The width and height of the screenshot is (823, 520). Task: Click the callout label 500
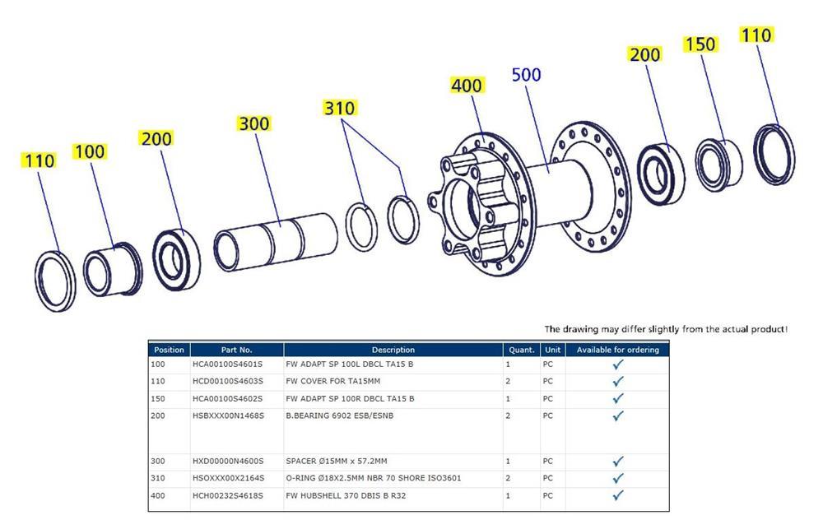tap(526, 75)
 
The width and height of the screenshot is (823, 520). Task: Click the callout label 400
tap(467, 86)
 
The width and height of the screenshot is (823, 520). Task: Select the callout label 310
tap(338, 109)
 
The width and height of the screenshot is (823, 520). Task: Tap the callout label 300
tap(253, 123)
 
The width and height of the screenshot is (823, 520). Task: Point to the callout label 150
tap(700, 44)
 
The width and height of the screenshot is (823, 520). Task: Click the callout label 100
tap(90, 151)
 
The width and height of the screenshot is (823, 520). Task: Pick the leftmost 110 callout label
tap(39, 160)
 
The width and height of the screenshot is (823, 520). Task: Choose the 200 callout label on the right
tap(644, 55)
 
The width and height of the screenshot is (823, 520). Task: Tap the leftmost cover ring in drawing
tap(55, 281)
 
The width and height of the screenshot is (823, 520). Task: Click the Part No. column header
tap(236, 350)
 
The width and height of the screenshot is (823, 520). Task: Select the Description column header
tap(393, 350)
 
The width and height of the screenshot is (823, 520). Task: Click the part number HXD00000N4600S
tap(227, 461)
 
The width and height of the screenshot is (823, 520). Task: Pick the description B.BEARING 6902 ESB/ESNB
tap(339, 416)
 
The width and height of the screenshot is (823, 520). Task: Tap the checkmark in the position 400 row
tap(618, 495)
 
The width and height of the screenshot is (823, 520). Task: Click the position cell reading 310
tap(158, 478)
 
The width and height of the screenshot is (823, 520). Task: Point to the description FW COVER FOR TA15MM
tap(332, 381)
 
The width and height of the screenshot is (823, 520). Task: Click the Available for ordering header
tap(617, 350)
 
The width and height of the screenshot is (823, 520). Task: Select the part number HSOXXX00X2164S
tap(227, 478)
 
